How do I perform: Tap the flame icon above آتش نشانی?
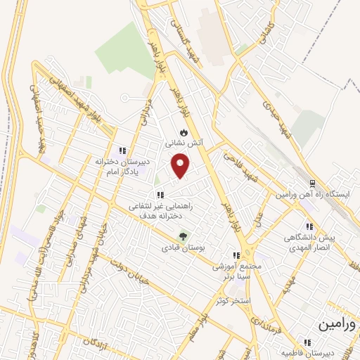pos(184,131)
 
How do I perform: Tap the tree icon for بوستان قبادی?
pos(184,236)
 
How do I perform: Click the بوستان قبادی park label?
pos(182,247)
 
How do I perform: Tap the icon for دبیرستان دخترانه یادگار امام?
pos(122,150)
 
